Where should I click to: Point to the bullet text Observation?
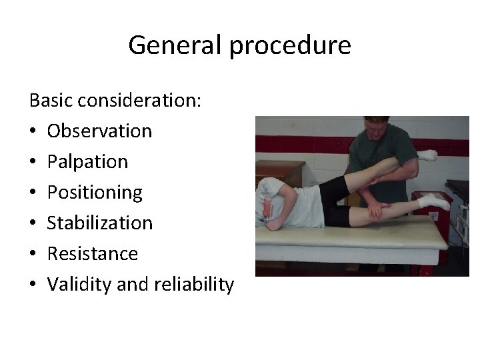[x=99, y=131]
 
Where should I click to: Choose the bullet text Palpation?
[x=87, y=162]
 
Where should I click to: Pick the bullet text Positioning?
[x=95, y=193]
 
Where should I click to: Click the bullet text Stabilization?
[x=100, y=223]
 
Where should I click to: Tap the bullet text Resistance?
[x=93, y=254]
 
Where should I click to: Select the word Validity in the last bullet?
[x=81, y=285]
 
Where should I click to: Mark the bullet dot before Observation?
[x=33, y=131]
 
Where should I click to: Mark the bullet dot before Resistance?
[x=33, y=254]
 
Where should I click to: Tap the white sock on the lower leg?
[x=431, y=200]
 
